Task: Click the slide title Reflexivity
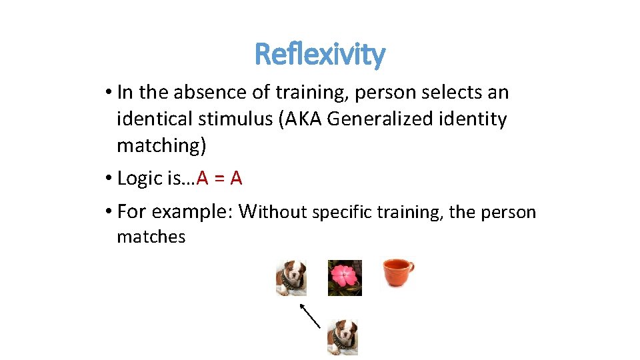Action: point(320,54)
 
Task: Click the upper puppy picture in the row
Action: point(291,277)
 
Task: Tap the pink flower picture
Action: point(345,277)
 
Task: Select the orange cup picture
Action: point(397,273)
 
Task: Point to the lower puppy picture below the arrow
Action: point(343,337)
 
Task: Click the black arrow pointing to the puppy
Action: point(310,315)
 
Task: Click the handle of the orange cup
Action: point(410,269)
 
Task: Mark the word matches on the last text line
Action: point(151,237)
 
